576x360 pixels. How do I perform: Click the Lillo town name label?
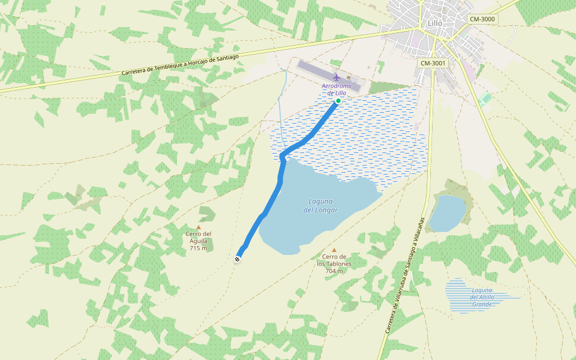[x=434, y=23]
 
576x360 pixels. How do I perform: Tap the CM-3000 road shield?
[x=482, y=19]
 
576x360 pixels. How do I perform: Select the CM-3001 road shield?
[x=433, y=63]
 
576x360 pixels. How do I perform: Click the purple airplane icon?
[x=337, y=77]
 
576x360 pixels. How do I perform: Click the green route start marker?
[x=338, y=101]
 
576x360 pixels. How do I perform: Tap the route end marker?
[x=238, y=259]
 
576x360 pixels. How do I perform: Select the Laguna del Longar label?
[x=320, y=206]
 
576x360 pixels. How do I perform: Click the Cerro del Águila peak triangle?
[x=199, y=227]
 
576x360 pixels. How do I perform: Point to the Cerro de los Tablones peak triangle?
[x=334, y=250]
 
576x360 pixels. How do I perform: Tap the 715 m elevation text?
[x=199, y=248]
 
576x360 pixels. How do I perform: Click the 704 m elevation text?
[x=334, y=271]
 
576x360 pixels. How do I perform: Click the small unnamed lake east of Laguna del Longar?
[x=447, y=213]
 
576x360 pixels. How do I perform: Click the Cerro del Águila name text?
[x=199, y=238]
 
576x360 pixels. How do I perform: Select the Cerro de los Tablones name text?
[x=334, y=260]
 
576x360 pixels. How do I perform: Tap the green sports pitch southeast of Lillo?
[x=486, y=98]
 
